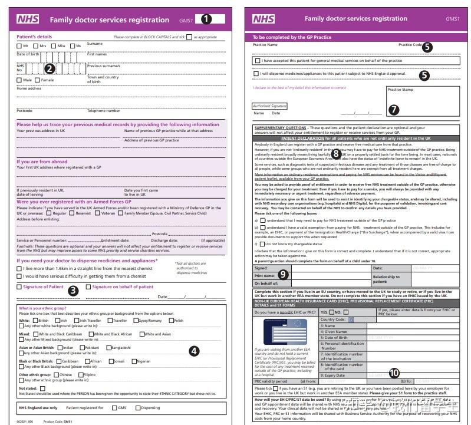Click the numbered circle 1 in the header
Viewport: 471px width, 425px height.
tap(206, 19)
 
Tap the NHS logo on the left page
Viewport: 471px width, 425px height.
tap(28, 19)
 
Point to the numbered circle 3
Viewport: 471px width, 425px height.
tap(73, 290)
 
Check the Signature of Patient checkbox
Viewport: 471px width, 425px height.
tap(19, 287)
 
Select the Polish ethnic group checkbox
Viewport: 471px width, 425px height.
tap(170, 321)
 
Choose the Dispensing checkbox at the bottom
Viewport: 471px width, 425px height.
tap(138, 408)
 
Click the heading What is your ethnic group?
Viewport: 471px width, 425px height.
tap(42, 308)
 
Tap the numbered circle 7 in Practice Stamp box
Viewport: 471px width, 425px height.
tap(394, 110)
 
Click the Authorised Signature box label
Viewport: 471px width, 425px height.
tap(269, 106)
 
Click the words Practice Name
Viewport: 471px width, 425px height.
tap(265, 45)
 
